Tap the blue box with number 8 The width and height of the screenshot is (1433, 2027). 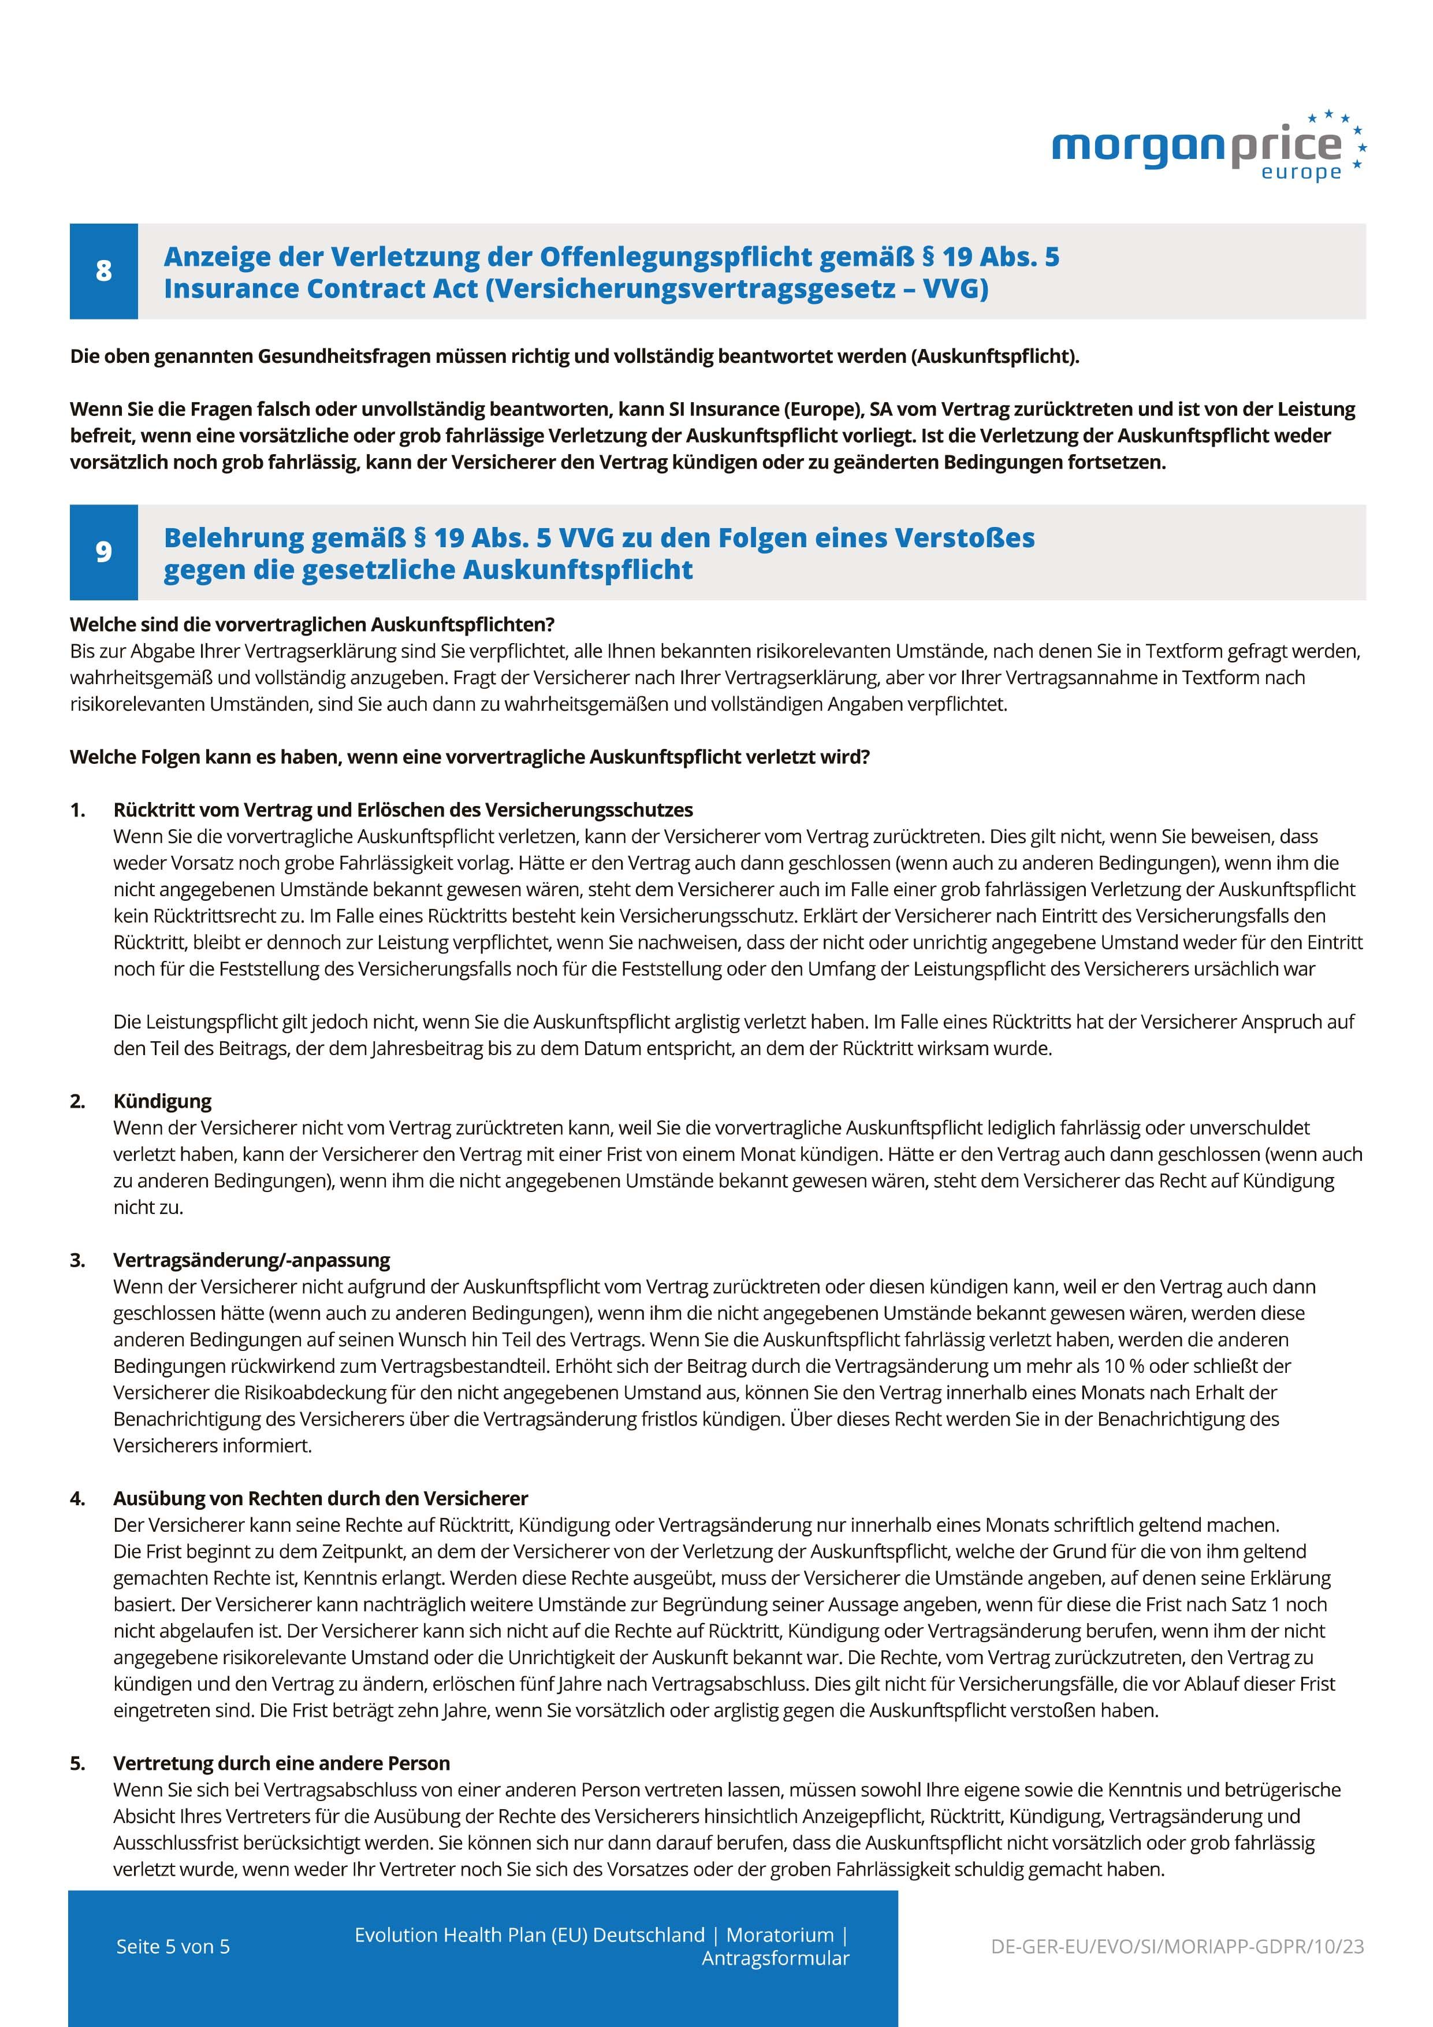pyautogui.click(x=104, y=271)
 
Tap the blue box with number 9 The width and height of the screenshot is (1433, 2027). pyautogui.click(x=104, y=552)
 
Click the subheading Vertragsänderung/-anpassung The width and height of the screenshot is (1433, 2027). pyautogui.click(x=251, y=1260)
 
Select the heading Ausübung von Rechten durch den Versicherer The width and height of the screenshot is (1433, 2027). pyautogui.click(x=321, y=1498)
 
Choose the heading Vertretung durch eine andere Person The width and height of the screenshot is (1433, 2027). pyautogui.click(x=281, y=1763)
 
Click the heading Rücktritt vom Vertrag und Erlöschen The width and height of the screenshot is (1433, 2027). pyautogui.click(x=403, y=810)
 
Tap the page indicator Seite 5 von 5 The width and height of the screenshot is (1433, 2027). pyautogui.click(x=173, y=1947)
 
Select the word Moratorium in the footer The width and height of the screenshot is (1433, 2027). pyautogui.click(x=779, y=1935)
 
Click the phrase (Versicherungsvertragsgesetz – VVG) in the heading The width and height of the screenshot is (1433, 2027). pyautogui.click(x=737, y=289)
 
